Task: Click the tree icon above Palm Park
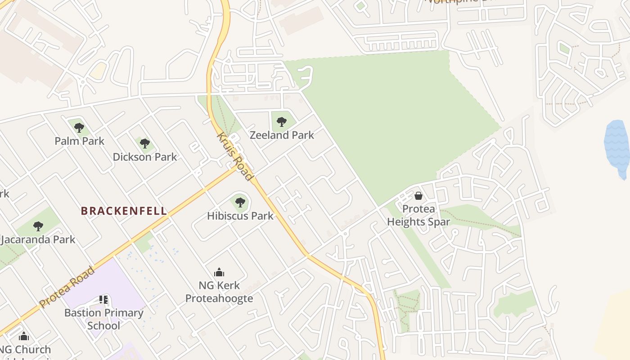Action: point(79,128)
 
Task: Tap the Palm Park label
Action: point(79,141)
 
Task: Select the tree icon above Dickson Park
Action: point(144,144)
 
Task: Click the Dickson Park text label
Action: point(144,157)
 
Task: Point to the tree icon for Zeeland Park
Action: point(282,121)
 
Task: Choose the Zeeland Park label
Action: point(282,135)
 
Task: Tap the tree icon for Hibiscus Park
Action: point(240,202)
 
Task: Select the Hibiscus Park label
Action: point(240,216)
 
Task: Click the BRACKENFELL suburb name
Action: point(124,211)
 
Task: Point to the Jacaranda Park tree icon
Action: point(38,226)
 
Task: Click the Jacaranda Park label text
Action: point(38,239)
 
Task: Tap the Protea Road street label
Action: point(67,287)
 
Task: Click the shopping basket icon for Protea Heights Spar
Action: point(418,196)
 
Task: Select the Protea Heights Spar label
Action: point(418,215)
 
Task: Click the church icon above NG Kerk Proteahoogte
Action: point(219,272)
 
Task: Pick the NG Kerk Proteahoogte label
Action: point(219,292)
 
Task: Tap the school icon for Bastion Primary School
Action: point(103,299)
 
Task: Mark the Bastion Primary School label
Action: point(104,319)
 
